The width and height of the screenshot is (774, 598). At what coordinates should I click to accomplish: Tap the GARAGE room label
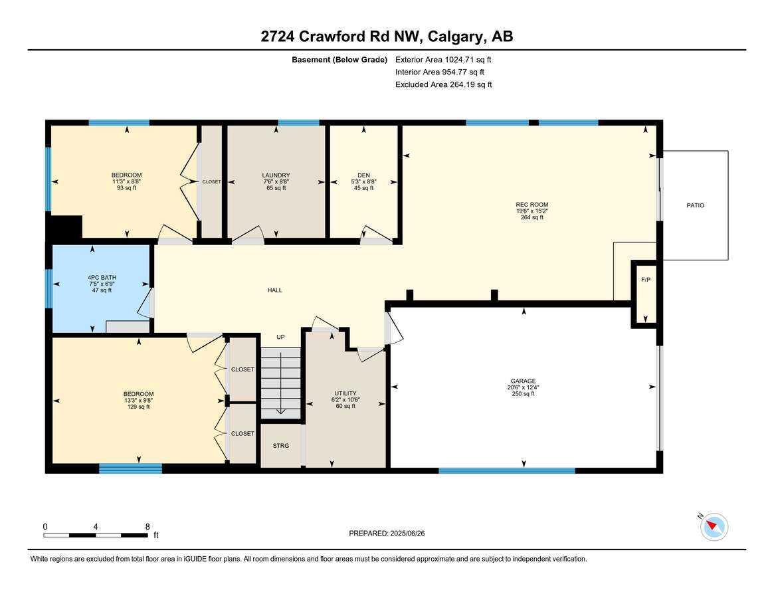524,381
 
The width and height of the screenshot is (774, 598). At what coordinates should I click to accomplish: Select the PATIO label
695,205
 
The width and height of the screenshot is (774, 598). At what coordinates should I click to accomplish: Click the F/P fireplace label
645,280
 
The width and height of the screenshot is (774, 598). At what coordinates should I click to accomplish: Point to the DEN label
363,175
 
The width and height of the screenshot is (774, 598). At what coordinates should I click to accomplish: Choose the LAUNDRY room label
276,175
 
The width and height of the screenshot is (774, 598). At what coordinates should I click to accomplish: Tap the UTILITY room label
345,393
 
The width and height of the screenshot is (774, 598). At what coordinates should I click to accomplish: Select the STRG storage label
281,446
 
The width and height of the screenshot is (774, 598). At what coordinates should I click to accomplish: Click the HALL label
275,290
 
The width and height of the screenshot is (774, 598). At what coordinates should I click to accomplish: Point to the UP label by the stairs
280,338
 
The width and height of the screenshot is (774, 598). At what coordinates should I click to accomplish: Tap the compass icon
714,526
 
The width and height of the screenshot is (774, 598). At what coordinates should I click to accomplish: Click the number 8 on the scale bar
147,526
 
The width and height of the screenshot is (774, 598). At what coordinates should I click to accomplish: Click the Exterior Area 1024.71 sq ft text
443,59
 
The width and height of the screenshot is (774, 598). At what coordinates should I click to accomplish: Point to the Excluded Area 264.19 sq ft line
443,84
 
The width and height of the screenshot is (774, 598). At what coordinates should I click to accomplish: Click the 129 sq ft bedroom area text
138,407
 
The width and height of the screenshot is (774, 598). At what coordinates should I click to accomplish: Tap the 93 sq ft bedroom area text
126,188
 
